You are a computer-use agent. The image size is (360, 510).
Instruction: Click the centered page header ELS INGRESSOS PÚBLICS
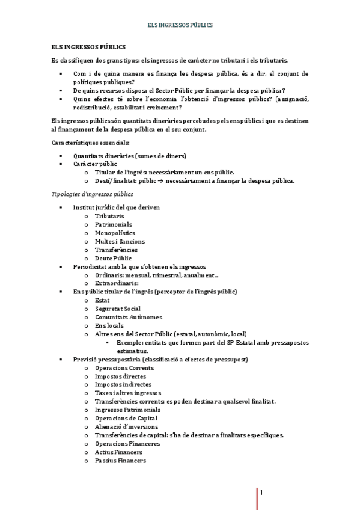pyautogui.click(x=180, y=25)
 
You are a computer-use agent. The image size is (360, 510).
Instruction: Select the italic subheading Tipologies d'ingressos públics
pyautogui.click(x=93, y=194)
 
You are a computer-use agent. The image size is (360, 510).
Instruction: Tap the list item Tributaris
pyautogui.click(x=109, y=215)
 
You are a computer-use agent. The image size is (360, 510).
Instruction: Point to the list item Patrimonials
pyautogui.click(x=113, y=224)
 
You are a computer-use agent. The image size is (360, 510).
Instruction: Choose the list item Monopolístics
pyautogui.click(x=115, y=233)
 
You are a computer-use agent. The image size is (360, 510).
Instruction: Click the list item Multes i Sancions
pyautogui.click(x=120, y=241)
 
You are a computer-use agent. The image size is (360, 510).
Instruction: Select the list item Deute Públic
pyautogui.click(x=113, y=258)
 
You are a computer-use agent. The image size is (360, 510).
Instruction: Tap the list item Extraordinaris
pyautogui.click(x=117, y=283)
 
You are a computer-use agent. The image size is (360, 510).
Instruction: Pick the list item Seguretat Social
pyautogui.click(x=117, y=309)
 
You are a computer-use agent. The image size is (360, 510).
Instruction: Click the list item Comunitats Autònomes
pyautogui.click(x=129, y=317)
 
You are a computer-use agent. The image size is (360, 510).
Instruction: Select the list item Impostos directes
pyautogui.click(x=120, y=376)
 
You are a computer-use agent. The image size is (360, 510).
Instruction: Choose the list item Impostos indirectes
pyautogui.click(x=123, y=384)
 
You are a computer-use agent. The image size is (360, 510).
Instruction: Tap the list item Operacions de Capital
pyautogui.click(x=126, y=418)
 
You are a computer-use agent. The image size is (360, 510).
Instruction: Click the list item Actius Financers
pyautogui.click(x=118, y=452)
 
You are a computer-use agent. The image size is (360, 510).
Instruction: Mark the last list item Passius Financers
pyautogui.click(x=120, y=461)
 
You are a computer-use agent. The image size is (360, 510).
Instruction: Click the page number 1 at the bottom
pyautogui.click(x=261, y=493)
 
